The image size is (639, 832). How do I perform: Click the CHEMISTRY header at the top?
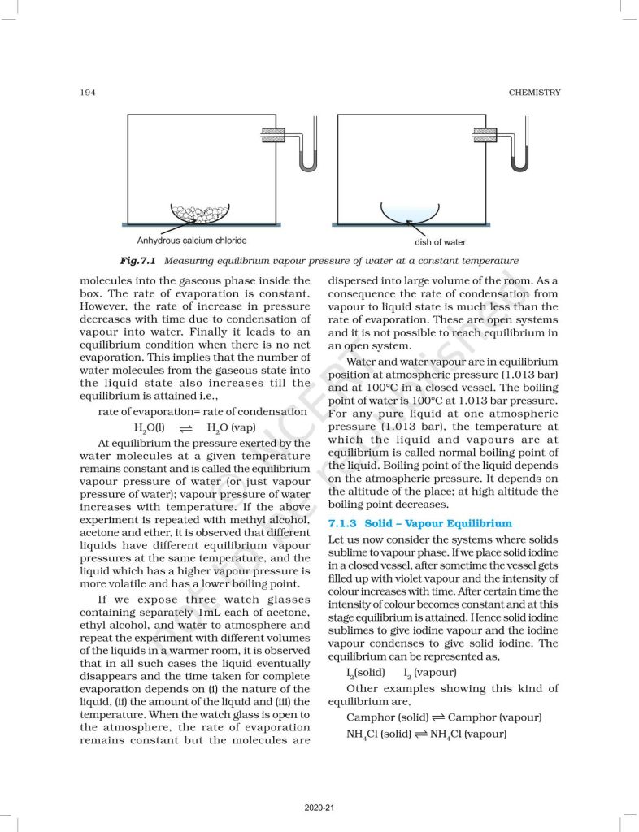tap(534, 93)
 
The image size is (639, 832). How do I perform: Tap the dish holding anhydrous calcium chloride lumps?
tap(200, 214)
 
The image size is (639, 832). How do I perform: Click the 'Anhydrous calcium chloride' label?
tap(191, 240)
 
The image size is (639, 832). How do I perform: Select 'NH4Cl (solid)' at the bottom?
tap(376, 733)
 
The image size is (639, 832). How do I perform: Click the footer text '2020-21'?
tap(319, 808)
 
